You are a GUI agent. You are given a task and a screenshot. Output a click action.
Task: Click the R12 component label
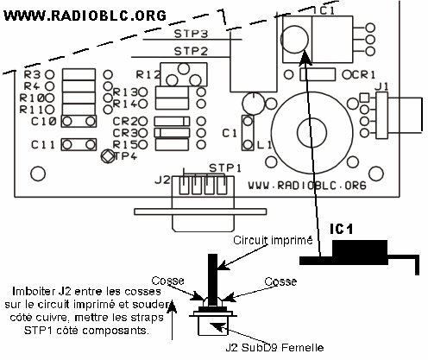tap(148, 75)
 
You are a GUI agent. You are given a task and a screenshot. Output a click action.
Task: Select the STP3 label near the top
tap(191, 34)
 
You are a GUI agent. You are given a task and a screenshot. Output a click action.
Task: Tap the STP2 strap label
tap(191, 51)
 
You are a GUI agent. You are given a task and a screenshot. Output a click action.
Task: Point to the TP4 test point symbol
tap(107, 156)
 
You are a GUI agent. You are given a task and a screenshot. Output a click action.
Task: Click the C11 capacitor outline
tap(79, 144)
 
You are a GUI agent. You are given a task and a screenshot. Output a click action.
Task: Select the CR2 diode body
tap(172, 121)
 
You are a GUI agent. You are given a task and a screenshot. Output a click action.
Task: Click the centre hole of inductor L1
tap(312, 133)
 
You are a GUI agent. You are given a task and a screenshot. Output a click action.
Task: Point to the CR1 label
tap(363, 75)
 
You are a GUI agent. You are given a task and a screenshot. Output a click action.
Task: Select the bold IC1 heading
tap(341, 229)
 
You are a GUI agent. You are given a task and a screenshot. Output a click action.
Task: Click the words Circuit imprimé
tap(273, 240)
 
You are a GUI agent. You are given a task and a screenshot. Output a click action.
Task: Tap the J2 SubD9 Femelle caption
tap(274, 348)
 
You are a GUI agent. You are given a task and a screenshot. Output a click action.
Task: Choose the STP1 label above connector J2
tap(225, 168)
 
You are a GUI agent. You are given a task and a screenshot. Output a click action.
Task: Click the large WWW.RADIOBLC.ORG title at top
tap(85, 16)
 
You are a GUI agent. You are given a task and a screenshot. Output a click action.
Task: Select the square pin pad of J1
tap(364, 98)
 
